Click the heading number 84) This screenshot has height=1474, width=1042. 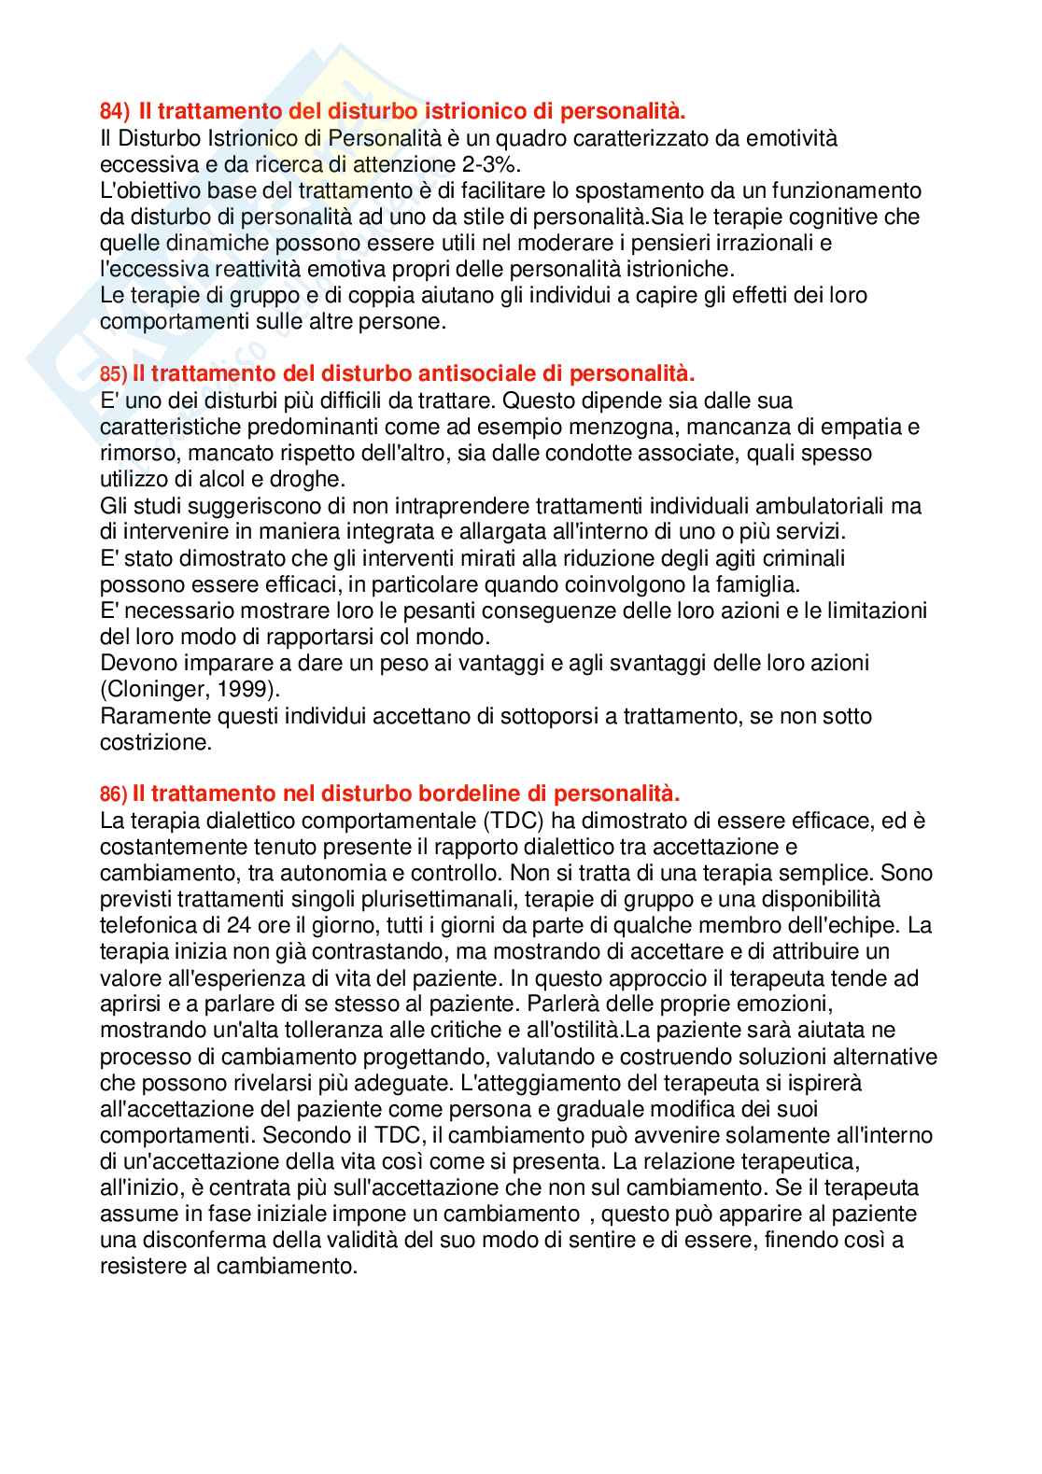pyautogui.click(x=115, y=112)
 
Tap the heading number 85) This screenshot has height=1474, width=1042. pyautogui.click(x=113, y=374)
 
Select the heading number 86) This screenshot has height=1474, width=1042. pyautogui.click(x=113, y=794)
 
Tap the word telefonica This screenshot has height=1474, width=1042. pyautogui.click(x=145, y=926)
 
